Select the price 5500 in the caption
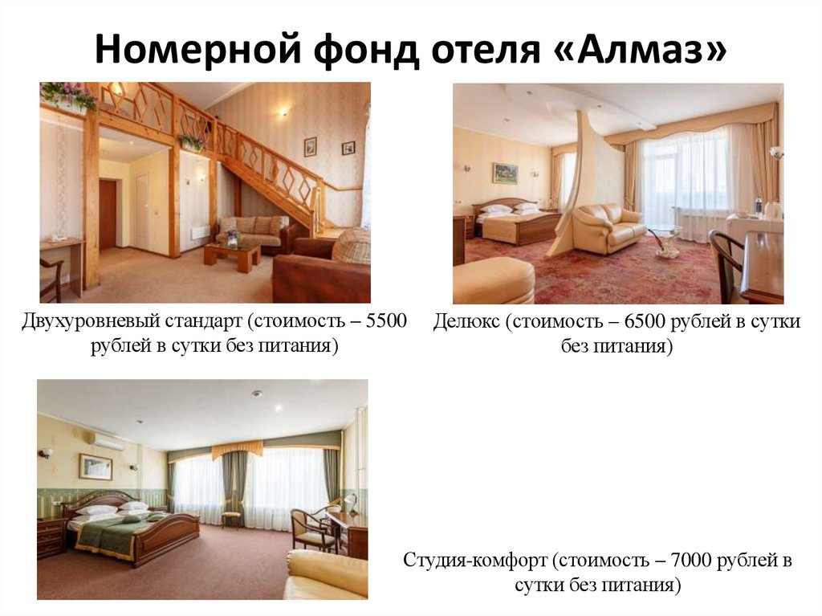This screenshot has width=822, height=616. coord(385,322)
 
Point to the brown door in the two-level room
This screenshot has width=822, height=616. coord(108,214)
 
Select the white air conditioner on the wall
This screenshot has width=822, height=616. coord(108,441)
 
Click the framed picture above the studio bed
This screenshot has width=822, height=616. coord(96,467)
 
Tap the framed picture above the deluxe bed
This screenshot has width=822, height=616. coord(505,173)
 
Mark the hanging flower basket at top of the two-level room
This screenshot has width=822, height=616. coord(67,96)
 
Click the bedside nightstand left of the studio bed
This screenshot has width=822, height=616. coord(50,536)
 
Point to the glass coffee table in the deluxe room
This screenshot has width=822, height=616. coord(665,240)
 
